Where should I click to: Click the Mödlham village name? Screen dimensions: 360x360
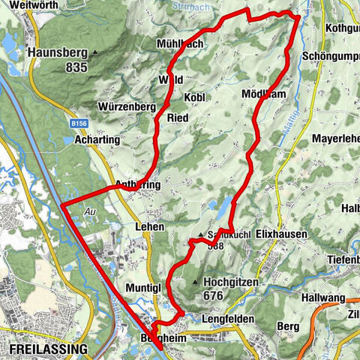262,94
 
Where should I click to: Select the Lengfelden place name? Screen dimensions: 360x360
228,319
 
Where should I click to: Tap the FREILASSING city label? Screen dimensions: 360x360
48,349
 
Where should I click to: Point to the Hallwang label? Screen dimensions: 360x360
321,298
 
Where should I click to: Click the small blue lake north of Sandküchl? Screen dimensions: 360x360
223,204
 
